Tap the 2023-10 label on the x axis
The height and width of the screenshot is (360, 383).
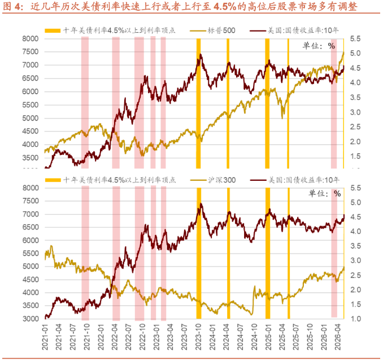[x=198, y=337]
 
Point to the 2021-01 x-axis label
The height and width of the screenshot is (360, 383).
[x=45, y=337]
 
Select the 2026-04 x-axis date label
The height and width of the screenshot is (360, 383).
[x=338, y=337]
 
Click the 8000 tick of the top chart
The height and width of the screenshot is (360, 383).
[x=31, y=38]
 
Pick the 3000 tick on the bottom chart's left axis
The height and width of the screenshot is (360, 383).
[x=31, y=319]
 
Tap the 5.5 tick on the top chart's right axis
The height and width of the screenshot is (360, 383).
[x=355, y=38]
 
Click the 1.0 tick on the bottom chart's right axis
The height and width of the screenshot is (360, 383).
[x=355, y=319]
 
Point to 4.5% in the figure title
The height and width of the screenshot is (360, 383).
[x=225, y=7]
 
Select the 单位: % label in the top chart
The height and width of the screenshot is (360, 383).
[x=319, y=46]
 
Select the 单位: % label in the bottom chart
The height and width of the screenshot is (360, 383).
[x=324, y=194]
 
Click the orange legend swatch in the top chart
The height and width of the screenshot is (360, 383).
[x=53, y=31]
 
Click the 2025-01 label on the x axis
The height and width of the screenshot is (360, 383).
[x=268, y=337]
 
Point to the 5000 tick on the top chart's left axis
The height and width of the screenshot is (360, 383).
[x=31, y=118]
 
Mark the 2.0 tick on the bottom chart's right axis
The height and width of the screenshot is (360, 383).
[x=355, y=289]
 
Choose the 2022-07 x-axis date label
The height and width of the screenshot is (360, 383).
[x=128, y=337]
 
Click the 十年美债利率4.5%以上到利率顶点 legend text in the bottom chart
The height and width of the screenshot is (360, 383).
[x=119, y=180]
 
